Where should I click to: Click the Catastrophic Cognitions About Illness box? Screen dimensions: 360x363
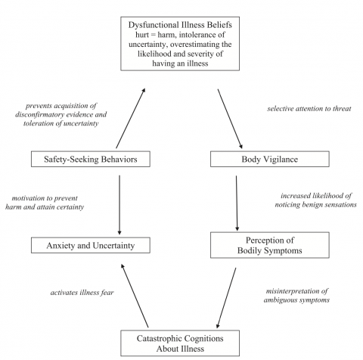181,342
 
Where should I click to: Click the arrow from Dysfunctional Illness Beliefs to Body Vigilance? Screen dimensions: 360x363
230,118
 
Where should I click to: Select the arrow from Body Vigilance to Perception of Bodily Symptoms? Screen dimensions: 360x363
237,201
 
